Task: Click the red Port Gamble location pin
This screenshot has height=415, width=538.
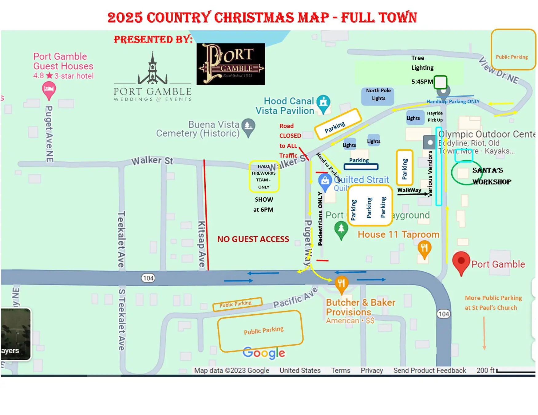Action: tap(461, 262)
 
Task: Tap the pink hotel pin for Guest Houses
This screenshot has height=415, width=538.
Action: tap(49, 90)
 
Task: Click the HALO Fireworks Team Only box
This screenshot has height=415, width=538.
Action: tap(264, 176)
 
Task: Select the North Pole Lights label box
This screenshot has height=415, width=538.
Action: tap(378, 95)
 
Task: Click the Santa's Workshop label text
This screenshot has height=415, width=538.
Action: tap(491, 176)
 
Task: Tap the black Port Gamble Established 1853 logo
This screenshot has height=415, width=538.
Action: tap(231, 64)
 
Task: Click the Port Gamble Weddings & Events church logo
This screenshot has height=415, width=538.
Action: tap(152, 77)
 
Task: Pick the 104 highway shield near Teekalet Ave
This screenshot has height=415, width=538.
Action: tap(148, 278)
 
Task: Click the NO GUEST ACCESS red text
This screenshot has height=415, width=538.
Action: tap(253, 239)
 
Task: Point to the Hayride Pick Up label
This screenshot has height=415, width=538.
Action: tap(435, 117)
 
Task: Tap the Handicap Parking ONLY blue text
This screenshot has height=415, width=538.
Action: tap(453, 102)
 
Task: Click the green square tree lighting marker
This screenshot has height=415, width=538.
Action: tap(440, 82)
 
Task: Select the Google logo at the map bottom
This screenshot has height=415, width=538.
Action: tap(263, 353)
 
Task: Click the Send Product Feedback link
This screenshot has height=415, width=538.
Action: tap(429, 370)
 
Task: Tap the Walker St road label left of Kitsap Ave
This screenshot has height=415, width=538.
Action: tap(152, 160)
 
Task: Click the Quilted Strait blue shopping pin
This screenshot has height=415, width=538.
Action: tap(325, 181)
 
